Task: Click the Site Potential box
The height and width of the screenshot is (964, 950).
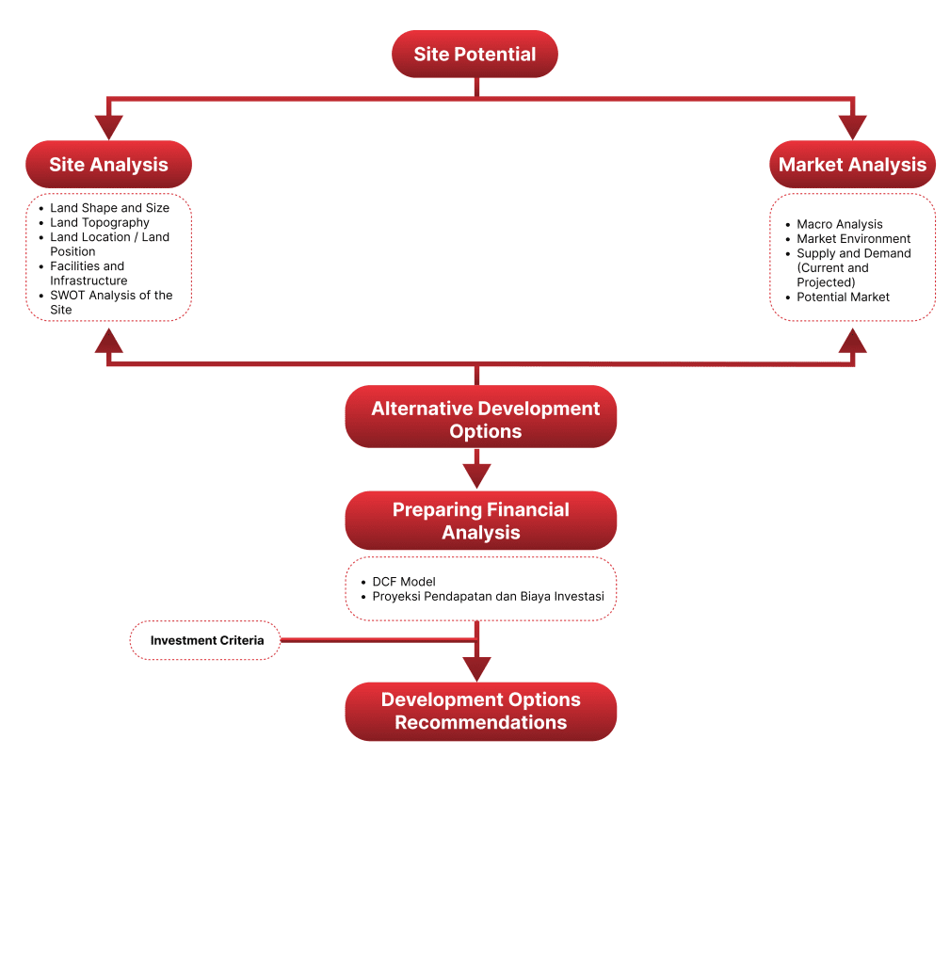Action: (x=475, y=55)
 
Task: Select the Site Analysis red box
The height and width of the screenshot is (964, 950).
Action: (x=108, y=165)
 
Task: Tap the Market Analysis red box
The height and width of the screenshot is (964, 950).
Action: (x=852, y=165)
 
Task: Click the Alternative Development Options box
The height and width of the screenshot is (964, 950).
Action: (x=480, y=420)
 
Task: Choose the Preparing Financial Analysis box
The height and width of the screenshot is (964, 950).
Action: (x=480, y=521)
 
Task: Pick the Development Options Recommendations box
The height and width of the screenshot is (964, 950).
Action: (x=480, y=711)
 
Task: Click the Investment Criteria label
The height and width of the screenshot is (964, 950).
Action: (x=206, y=640)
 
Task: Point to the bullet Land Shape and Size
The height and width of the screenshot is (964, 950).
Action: (x=109, y=208)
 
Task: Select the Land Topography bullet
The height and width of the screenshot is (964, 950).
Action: (x=100, y=222)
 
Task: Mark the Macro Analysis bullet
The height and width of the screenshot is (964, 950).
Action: (x=839, y=224)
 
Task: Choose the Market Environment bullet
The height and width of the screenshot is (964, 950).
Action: (x=853, y=238)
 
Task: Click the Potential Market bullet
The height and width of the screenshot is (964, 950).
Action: (x=843, y=297)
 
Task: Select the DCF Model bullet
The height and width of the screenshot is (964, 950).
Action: (x=404, y=582)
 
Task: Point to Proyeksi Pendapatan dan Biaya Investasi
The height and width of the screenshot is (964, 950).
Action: (x=488, y=596)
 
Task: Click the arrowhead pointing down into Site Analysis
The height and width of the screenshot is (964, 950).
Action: (x=109, y=127)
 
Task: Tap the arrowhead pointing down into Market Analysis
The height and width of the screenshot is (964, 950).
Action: (x=852, y=127)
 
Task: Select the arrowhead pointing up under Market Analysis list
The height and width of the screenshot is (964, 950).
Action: (x=852, y=340)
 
